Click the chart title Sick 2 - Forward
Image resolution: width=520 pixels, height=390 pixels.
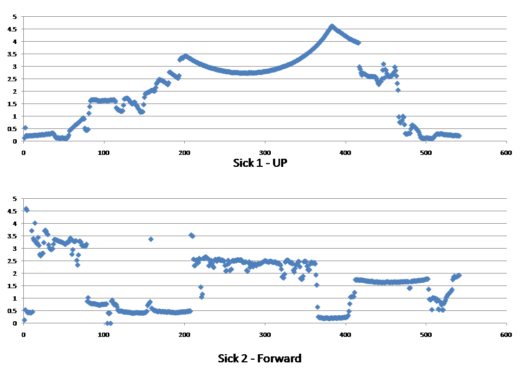coord(259,358)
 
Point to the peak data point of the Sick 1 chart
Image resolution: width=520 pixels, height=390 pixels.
coord(332,26)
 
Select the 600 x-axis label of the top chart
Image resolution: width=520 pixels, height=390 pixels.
coord(506,153)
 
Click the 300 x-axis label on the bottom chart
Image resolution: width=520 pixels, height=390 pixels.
coord(265,335)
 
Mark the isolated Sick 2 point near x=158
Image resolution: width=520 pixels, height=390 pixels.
coord(151,239)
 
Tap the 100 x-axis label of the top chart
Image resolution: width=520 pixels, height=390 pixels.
coord(104,153)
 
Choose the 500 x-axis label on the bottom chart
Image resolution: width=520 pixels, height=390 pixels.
coord(426,335)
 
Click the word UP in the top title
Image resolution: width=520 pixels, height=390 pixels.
coord(279,162)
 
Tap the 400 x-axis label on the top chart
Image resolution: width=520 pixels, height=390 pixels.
coord(346,153)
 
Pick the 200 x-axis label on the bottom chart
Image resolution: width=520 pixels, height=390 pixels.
coord(184,335)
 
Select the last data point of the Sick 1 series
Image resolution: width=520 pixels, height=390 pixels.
coord(459,136)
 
